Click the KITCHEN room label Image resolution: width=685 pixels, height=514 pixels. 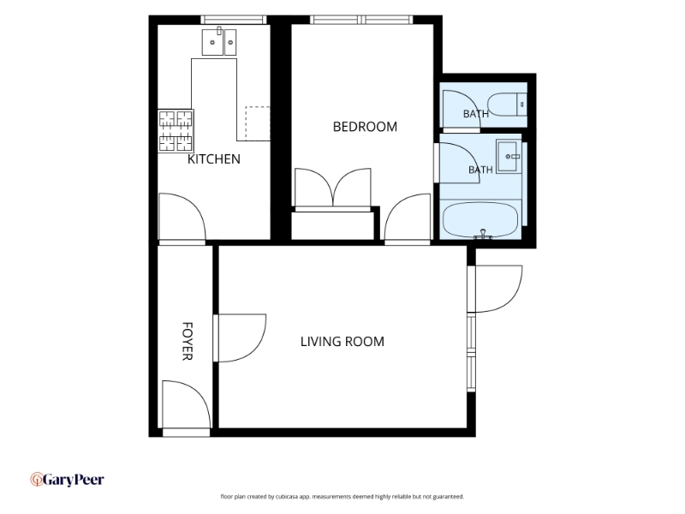213,159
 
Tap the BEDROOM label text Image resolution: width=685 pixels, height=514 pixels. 366,127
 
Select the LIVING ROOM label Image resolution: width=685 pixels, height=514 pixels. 342,341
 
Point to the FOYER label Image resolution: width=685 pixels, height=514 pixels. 187,341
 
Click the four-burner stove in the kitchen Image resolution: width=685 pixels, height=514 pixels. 176,131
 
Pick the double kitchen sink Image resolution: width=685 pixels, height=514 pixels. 219,42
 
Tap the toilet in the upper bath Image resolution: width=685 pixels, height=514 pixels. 507,105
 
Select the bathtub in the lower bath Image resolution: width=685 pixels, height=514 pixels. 480,220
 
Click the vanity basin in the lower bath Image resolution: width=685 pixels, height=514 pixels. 509,157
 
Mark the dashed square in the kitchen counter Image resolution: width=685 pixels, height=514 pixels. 258,123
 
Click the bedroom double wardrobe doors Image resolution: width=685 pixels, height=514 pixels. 333,188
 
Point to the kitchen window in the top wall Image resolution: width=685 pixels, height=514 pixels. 234,20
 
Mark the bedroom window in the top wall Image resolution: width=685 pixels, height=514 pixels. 361,20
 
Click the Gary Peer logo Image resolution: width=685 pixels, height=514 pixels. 68,480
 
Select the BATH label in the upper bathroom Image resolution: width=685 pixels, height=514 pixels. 476,114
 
